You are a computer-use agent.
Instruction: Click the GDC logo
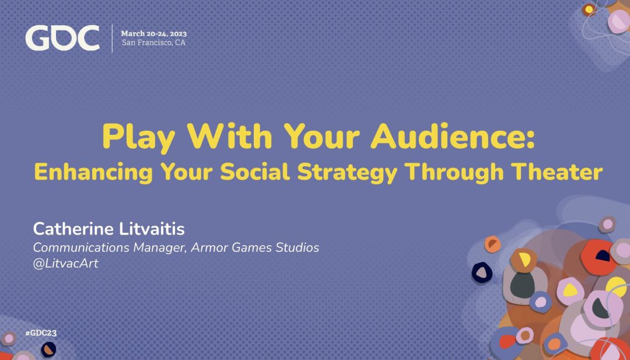pyautogui.click(x=62, y=38)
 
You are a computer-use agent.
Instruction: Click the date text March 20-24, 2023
pyautogui.click(x=154, y=34)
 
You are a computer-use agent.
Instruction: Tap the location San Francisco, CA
pyautogui.click(x=153, y=43)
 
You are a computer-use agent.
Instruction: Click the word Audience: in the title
pyautogui.click(x=453, y=136)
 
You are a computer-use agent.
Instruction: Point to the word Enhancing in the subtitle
pyautogui.click(x=93, y=172)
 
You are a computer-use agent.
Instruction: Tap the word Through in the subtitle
pyautogui.click(x=456, y=173)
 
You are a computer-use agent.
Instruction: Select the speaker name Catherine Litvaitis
pyautogui.click(x=109, y=229)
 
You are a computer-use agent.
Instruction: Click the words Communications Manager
pyautogui.click(x=109, y=247)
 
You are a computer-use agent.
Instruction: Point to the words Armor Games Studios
pyautogui.click(x=255, y=247)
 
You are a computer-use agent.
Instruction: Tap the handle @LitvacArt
pyautogui.click(x=65, y=264)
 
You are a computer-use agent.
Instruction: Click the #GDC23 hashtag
pyautogui.click(x=41, y=333)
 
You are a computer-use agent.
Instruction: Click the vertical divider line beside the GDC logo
pyautogui.click(x=112, y=38)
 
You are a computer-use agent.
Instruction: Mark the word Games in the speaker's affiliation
pyautogui.click(x=249, y=247)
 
